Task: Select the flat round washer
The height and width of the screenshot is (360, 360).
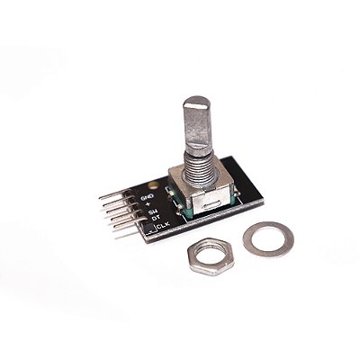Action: (x=268, y=239)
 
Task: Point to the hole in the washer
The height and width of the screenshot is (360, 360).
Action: (x=268, y=239)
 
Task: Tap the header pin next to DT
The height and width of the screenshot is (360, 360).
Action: (x=123, y=220)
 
